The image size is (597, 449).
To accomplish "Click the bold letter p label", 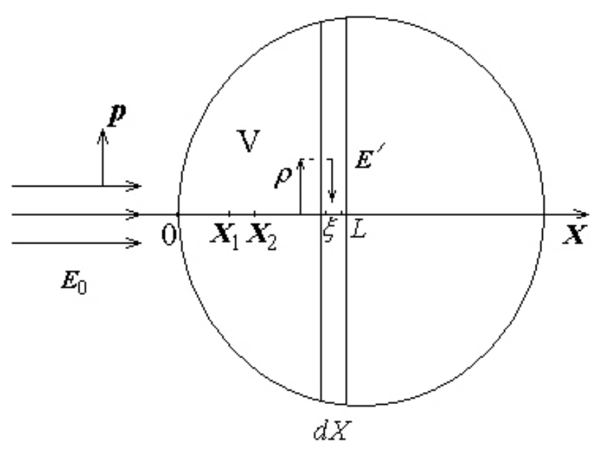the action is (x=117, y=115).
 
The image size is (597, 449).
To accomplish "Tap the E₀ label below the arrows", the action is (x=74, y=282).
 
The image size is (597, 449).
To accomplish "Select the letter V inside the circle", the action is (x=249, y=141).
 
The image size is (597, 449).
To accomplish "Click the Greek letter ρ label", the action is (x=283, y=176).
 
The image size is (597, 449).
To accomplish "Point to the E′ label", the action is (x=370, y=156).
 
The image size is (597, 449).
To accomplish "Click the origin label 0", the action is (x=169, y=235).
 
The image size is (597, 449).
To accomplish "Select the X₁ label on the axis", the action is (x=225, y=236).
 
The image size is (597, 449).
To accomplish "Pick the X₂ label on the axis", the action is (x=262, y=236).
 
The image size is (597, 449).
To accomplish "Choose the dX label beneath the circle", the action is (x=330, y=431).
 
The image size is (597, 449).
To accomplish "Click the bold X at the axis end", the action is (x=574, y=234).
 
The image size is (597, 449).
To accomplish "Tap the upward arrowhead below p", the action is (x=103, y=137).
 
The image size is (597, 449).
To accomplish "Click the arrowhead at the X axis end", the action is (x=581, y=215).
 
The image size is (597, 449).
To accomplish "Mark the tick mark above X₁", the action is (x=230, y=213).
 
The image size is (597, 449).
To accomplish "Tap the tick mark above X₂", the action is (x=255, y=213).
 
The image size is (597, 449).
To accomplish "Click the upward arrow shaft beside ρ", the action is (x=301, y=187).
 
